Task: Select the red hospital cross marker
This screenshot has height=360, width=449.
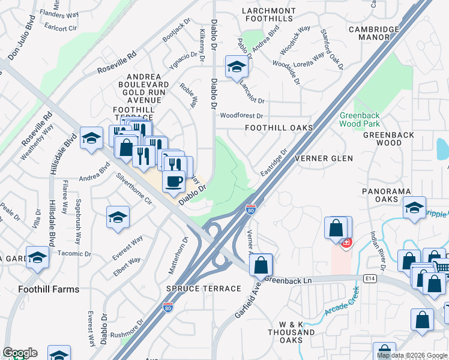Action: coord(346,243)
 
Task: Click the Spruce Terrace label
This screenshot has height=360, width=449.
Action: coord(204,289)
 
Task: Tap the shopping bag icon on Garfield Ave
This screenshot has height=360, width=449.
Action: coord(261,264)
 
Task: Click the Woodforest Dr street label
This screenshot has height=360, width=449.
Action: coord(241,115)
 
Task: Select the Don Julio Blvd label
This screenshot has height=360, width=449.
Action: coord(22,41)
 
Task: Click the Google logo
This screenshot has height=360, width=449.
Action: coord(20,353)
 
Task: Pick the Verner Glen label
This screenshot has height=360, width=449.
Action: coord(324,158)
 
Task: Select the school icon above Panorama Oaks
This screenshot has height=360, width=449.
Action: coord(414,208)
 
